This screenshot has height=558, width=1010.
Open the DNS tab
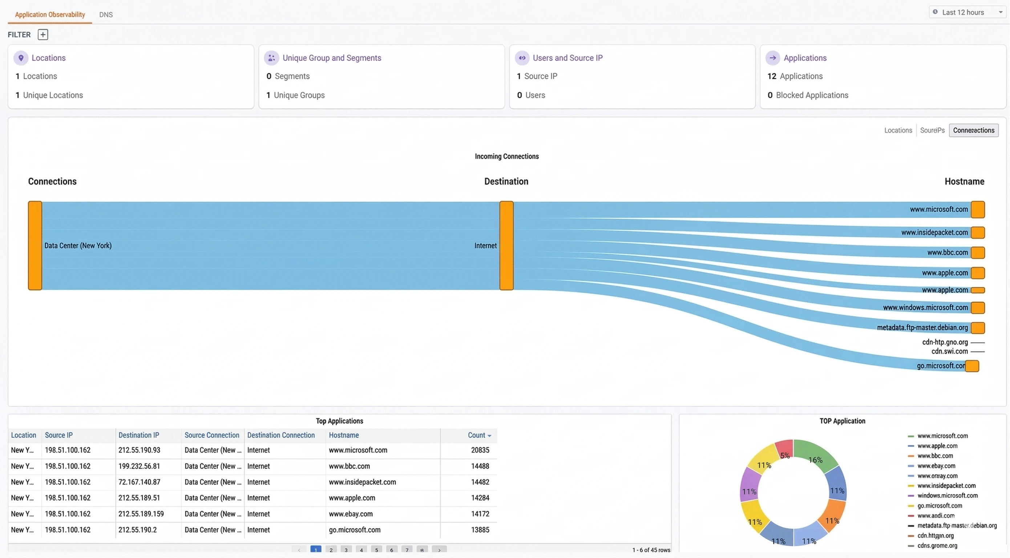(x=106, y=15)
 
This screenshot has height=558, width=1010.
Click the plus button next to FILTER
(x=43, y=35)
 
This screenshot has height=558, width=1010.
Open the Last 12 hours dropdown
(x=967, y=12)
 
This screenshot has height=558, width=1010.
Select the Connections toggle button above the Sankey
(x=973, y=130)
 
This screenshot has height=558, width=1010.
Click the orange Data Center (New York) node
(x=35, y=246)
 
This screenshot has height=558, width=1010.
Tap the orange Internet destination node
(x=506, y=246)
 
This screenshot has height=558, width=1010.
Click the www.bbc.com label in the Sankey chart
(x=947, y=252)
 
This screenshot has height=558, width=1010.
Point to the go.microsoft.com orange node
(x=972, y=366)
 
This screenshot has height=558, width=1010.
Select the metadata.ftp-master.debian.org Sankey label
(x=922, y=327)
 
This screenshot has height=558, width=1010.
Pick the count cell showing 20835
(x=480, y=450)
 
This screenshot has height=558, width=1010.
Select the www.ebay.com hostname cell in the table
(x=351, y=514)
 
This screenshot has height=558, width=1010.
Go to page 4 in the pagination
(x=361, y=550)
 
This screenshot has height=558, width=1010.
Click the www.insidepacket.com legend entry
(x=946, y=485)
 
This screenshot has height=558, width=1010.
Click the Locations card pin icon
(x=21, y=58)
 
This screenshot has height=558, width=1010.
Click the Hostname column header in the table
(x=343, y=435)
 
